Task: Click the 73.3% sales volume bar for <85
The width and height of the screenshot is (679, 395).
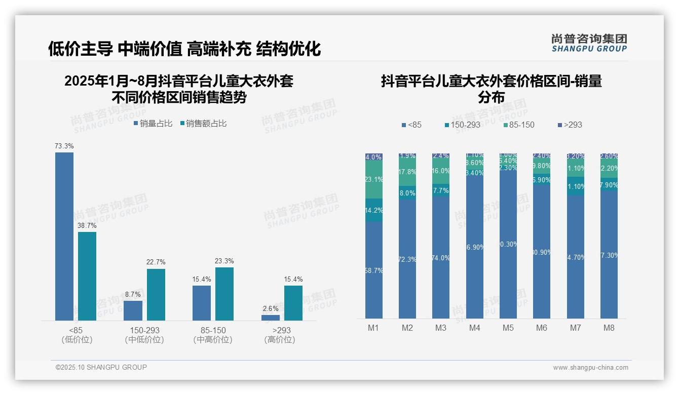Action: [64, 236]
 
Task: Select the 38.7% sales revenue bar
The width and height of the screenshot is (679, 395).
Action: [87, 276]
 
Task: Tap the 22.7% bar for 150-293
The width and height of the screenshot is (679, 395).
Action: [156, 294]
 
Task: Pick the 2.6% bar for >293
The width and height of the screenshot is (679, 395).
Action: [271, 318]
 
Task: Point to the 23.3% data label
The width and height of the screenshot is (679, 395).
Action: [224, 261]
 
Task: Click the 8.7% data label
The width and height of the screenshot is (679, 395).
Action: [133, 294]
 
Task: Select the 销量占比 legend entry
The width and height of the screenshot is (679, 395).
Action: [153, 124]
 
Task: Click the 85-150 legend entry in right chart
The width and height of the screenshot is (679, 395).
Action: [519, 125]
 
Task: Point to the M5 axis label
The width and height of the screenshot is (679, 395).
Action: [508, 328]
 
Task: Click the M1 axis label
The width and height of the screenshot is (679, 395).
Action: [373, 328]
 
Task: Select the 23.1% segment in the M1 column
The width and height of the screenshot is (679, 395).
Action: [374, 179]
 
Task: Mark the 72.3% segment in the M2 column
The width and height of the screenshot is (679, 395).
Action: [407, 259]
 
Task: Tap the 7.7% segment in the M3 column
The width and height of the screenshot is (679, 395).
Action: [441, 190]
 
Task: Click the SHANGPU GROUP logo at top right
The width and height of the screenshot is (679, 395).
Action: [589, 43]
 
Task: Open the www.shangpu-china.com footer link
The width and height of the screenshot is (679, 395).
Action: [590, 368]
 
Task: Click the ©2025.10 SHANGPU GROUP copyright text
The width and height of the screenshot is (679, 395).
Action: [101, 367]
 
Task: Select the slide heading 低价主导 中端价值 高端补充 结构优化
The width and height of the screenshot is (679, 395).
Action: [184, 49]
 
